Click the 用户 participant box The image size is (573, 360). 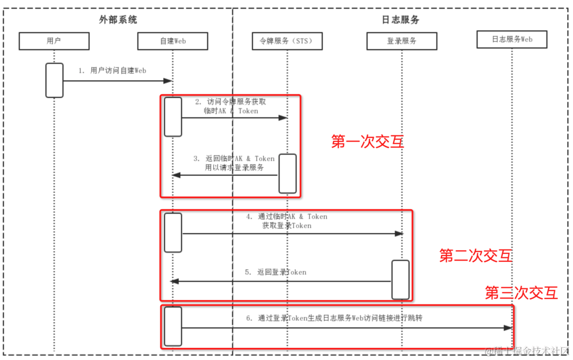(54, 41)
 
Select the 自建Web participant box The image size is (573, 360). (172, 41)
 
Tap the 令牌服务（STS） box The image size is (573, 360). (287, 41)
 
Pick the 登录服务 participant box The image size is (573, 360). (402, 41)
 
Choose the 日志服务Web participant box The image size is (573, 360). (512, 39)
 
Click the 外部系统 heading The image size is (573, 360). (118, 20)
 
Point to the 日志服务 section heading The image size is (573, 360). (401, 20)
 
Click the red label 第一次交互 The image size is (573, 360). (367, 142)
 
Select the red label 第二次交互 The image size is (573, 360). (475, 256)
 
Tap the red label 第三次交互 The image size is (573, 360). (522, 293)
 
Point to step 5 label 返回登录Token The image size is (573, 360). (276, 272)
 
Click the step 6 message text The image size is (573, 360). (334, 318)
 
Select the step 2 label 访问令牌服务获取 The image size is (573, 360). (234, 101)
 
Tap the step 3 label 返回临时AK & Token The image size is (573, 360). (234, 158)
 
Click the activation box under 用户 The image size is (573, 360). (54, 80)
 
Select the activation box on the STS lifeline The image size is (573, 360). (288, 174)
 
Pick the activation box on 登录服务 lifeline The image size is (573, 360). (401, 280)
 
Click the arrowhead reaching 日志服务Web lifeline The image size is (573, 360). (508, 328)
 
